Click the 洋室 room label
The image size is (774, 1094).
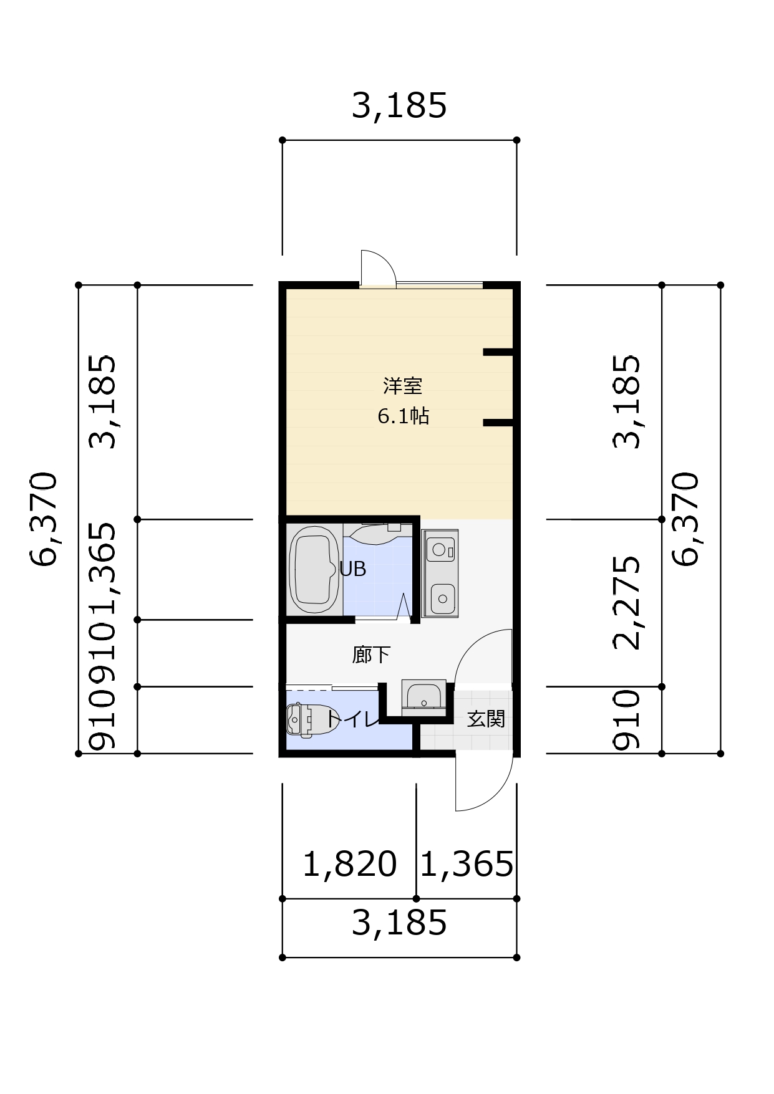(x=402, y=386)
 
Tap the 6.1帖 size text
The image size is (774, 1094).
(x=403, y=416)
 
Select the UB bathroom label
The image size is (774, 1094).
(x=352, y=569)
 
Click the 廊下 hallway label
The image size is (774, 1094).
(x=371, y=655)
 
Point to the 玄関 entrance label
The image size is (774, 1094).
(x=486, y=719)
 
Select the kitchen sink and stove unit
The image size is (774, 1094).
(x=440, y=573)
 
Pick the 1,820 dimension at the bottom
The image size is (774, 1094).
(x=349, y=864)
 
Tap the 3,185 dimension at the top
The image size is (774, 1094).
(x=399, y=105)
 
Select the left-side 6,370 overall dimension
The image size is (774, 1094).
(x=44, y=519)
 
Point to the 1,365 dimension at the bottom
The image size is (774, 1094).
(x=467, y=864)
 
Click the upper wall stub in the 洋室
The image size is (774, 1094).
(x=498, y=352)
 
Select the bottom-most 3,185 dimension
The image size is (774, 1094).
(x=399, y=923)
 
